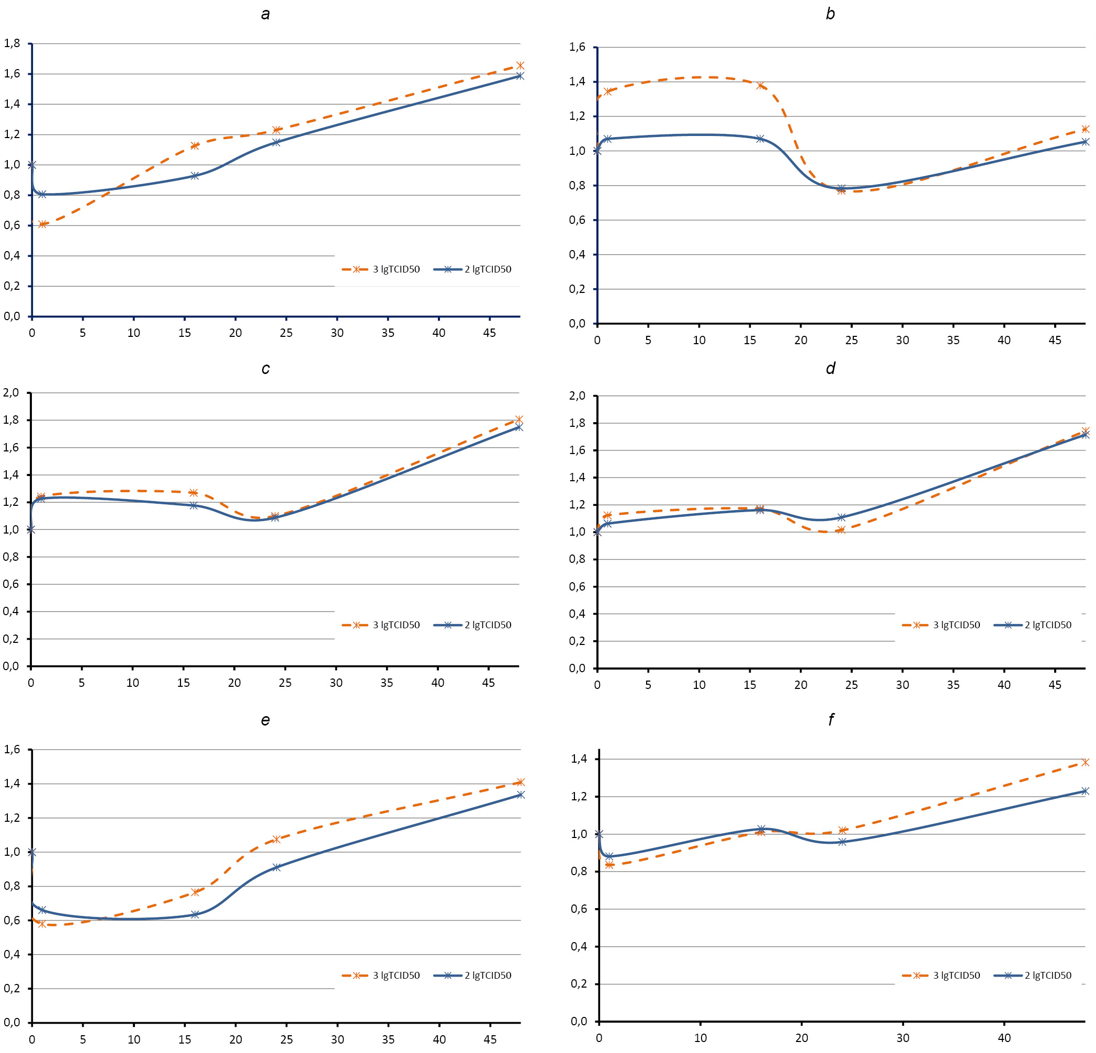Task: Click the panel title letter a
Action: click(x=266, y=14)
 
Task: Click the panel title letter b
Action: click(x=830, y=14)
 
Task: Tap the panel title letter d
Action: click(x=830, y=368)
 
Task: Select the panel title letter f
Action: click(x=831, y=720)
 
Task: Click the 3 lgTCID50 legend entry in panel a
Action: click(x=381, y=269)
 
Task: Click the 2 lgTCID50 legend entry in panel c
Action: click(x=473, y=625)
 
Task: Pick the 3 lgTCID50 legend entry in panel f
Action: click(x=942, y=976)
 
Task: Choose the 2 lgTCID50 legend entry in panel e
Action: click(x=473, y=976)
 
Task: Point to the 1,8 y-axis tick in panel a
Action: click(x=13, y=43)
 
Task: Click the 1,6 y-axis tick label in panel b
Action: click(x=577, y=47)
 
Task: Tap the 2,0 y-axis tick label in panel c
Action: click(x=11, y=392)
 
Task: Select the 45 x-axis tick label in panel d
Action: click(x=1055, y=685)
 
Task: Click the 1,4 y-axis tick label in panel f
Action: click(x=579, y=759)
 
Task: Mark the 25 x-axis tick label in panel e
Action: click(x=286, y=1039)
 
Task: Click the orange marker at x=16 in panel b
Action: click(x=761, y=86)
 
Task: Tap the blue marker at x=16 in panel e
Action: click(x=195, y=915)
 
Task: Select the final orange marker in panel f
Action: click(x=1086, y=762)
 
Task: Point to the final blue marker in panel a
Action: click(x=520, y=75)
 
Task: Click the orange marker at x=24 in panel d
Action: click(x=841, y=529)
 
